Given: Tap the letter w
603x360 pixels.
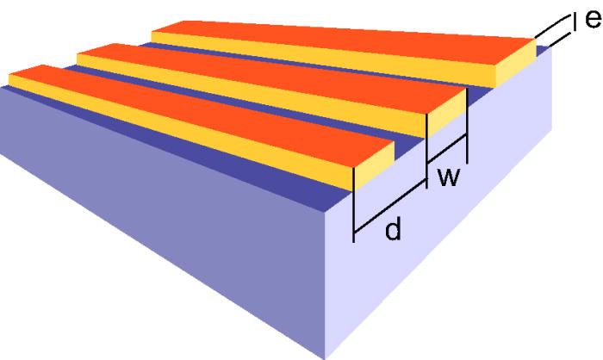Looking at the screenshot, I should (447, 178).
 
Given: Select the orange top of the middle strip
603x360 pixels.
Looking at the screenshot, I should (276, 83).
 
